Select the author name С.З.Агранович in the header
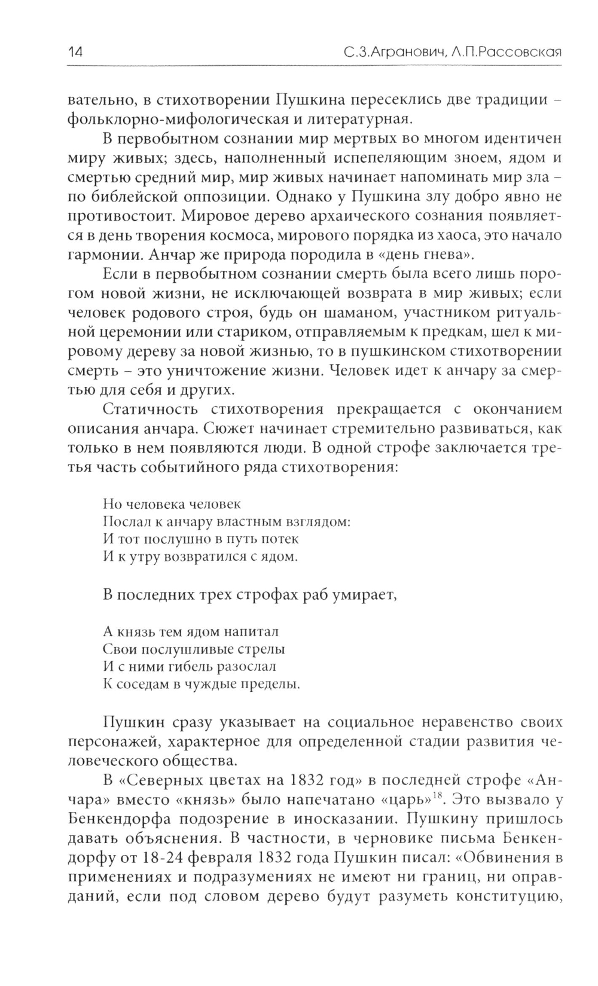[x=392, y=52]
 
